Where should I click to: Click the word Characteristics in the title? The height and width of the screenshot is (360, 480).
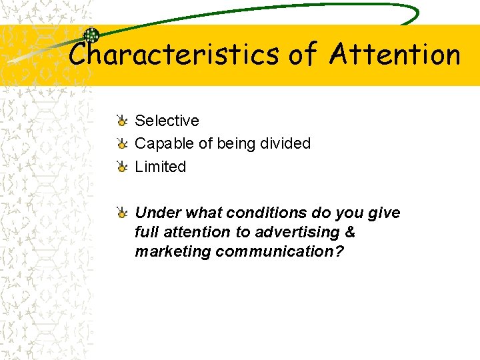175,54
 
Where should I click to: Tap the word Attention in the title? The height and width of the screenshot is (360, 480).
395,54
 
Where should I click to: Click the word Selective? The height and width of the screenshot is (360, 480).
167,121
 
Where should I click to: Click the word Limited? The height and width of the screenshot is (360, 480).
161,167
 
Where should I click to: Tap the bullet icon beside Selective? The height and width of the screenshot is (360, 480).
122,121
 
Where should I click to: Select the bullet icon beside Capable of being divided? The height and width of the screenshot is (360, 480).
122,143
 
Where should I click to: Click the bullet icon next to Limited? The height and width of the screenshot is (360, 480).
122,167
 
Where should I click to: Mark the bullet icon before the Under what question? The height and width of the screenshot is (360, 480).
122,213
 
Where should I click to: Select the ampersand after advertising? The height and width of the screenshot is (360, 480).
351,232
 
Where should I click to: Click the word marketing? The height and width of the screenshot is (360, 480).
167,251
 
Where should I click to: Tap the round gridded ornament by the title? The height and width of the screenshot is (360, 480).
91,36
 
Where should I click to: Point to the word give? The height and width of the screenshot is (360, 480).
385,213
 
